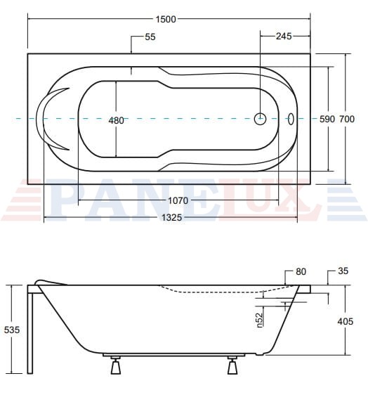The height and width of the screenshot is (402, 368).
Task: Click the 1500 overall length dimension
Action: [166, 19]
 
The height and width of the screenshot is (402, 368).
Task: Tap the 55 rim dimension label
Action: [150, 37]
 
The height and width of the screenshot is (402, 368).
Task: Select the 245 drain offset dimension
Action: [284, 36]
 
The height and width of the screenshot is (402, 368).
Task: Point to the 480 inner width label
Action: [116, 120]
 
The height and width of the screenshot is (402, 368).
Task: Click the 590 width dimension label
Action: [327, 119]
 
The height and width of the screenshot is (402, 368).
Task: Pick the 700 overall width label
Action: [347, 119]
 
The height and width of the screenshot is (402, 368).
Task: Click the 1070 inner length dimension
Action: [178, 200]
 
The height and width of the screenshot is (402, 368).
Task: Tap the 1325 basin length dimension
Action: [171, 217]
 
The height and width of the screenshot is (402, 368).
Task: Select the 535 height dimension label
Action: [12, 330]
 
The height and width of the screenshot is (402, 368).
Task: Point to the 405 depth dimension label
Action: [346, 321]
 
